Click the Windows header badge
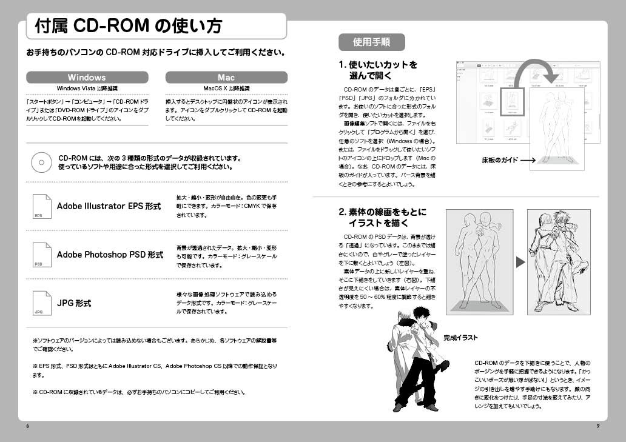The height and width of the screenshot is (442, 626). (x=87, y=78)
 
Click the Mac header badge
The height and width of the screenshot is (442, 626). (x=226, y=78)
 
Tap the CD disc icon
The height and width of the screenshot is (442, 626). (x=41, y=162)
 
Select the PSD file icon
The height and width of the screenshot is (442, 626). (x=41, y=255)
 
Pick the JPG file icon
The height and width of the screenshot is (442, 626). (x=41, y=303)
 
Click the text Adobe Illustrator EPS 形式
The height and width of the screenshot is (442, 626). (x=109, y=206)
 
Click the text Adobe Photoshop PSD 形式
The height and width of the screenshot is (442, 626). (x=110, y=255)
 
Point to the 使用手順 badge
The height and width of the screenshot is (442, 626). (x=371, y=42)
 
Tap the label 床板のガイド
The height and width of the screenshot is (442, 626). (x=500, y=161)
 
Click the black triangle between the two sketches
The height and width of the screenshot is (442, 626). (x=520, y=262)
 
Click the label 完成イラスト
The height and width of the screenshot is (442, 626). (x=460, y=338)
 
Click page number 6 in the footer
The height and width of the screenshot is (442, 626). (x=27, y=426)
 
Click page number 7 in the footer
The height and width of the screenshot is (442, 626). (x=597, y=426)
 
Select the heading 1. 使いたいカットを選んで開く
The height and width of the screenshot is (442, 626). (x=379, y=70)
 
